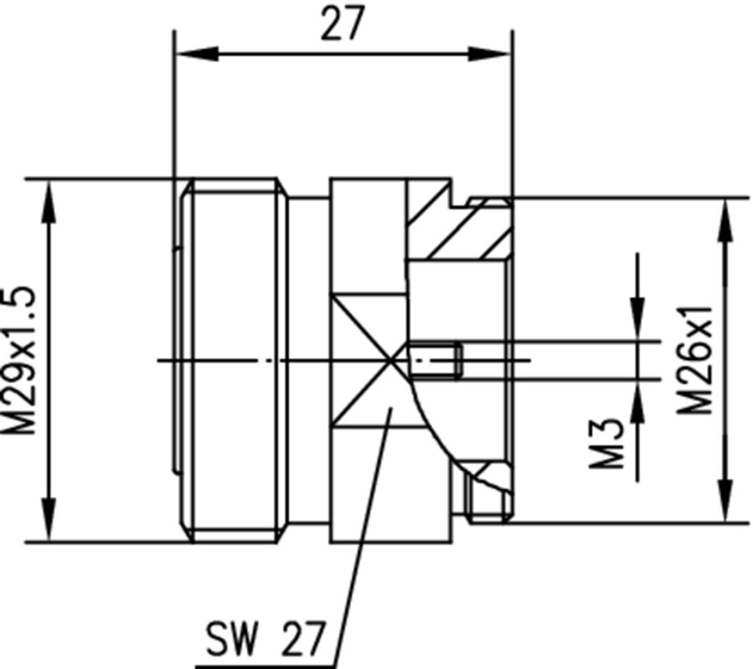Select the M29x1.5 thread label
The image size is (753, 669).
click(x=19, y=360)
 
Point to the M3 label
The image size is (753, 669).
click(x=605, y=443)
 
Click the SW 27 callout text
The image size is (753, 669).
click(x=265, y=639)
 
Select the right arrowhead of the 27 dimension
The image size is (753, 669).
click(x=488, y=54)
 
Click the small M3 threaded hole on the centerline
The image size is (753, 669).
click(x=436, y=360)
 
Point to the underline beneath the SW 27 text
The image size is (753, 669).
click(x=266, y=666)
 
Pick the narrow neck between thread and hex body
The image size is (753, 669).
click(x=308, y=360)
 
